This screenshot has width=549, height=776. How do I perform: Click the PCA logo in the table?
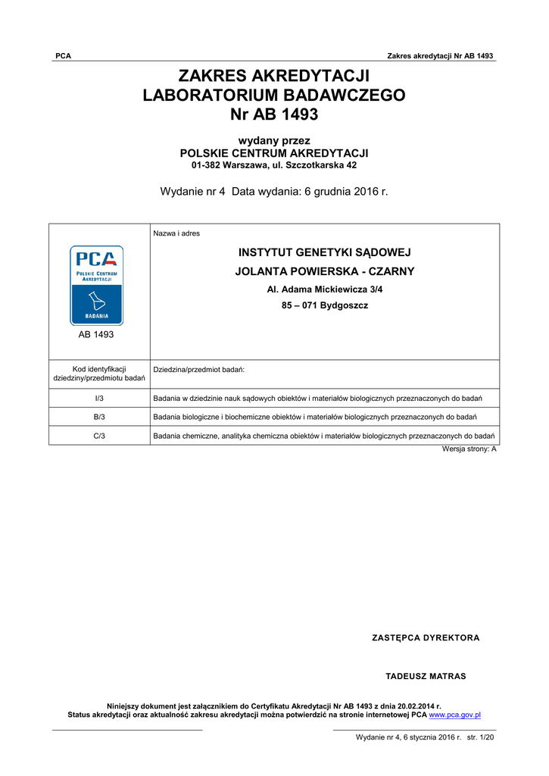[97, 285]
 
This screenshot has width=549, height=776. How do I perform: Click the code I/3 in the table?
[99, 399]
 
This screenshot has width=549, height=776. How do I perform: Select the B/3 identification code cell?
[99, 417]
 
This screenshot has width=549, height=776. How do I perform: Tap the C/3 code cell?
[99, 436]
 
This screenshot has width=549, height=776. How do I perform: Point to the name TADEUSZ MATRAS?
[426, 676]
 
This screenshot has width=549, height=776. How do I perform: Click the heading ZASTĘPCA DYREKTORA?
[426, 638]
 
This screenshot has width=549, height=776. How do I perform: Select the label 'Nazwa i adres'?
[176, 233]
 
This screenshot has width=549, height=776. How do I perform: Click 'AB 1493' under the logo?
[97, 334]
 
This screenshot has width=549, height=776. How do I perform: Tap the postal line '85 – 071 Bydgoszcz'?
[325, 306]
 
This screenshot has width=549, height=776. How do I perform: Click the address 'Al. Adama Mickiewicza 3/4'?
[325, 289]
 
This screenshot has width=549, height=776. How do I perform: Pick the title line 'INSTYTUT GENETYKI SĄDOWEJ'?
[325, 253]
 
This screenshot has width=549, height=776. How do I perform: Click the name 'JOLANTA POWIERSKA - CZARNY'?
[325, 271]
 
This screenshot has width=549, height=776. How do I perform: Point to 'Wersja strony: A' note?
[469, 449]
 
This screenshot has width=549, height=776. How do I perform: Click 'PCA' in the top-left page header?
[64, 56]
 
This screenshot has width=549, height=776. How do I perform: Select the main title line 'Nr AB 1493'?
[274, 114]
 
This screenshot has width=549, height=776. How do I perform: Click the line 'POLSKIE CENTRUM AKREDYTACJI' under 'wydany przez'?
[274, 153]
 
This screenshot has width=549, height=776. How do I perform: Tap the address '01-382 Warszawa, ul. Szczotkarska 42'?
[274, 165]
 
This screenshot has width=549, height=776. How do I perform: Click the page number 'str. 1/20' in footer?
[480, 737]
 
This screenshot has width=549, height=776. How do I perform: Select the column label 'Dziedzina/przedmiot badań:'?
[198, 369]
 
